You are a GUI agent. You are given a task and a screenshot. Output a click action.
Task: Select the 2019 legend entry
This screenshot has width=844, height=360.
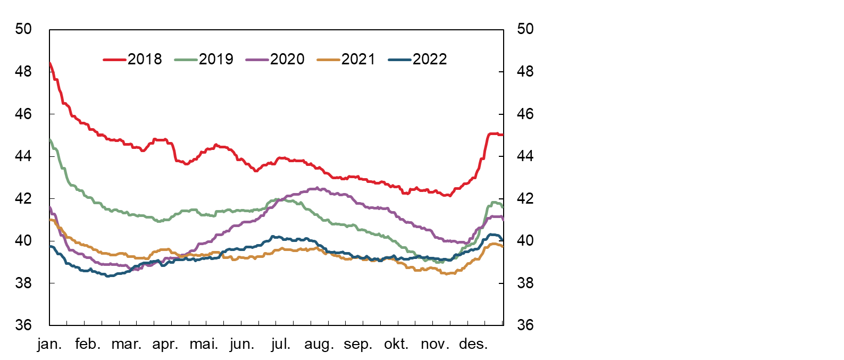[204, 59]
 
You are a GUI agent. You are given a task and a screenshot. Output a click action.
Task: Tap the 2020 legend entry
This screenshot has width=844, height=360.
[275, 59]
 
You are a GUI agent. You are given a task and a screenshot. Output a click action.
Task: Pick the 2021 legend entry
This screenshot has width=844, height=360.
[347, 59]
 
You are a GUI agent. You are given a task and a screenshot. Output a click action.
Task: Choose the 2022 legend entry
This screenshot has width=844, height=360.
[418, 59]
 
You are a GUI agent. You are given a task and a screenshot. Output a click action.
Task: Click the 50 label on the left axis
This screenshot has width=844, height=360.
[23, 29]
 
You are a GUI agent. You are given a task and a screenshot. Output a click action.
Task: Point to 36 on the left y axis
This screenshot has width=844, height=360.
[23, 325]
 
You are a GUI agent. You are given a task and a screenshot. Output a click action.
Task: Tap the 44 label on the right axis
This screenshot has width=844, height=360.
[525, 156]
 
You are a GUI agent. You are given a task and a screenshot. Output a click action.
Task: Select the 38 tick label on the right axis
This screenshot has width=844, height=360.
[525, 283]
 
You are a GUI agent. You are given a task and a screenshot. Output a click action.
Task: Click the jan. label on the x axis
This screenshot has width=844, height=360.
[49, 344]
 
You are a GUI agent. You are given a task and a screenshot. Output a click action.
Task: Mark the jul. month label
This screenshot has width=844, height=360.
[281, 344]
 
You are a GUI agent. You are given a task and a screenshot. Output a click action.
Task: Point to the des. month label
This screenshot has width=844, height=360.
[473, 344]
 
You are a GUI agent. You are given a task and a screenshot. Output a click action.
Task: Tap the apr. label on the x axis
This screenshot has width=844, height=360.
[165, 344]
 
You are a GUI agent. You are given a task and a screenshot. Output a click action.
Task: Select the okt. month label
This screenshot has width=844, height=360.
[396, 344]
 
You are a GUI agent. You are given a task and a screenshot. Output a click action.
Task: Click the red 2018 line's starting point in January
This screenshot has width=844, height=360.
[50, 63]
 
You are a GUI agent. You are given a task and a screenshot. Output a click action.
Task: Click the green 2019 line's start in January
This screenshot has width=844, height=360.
[50, 140]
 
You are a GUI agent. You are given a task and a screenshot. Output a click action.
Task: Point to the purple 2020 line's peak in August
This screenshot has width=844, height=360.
[317, 188]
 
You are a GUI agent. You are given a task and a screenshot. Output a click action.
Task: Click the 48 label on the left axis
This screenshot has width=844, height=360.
[23, 71]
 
